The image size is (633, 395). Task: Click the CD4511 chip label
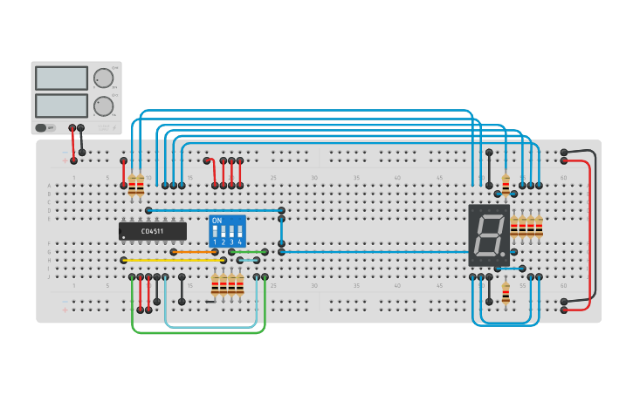click(x=153, y=231)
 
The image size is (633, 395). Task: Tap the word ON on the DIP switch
click(x=217, y=221)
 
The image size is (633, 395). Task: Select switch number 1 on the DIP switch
click(x=215, y=235)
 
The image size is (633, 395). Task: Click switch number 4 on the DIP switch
click(x=239, y=235)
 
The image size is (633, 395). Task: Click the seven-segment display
click(x=488, y=235)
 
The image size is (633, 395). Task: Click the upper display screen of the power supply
click(x=61, y=78)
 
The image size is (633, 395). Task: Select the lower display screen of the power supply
click(x=61, y=106)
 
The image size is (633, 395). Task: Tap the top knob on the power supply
click(x=104, y=78)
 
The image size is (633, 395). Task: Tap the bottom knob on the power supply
click(x=104, y=106)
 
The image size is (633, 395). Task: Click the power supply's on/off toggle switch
click(x=41, y=127)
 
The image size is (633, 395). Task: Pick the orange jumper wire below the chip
click(x=198, y=252)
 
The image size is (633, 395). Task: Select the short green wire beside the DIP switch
click(x=249, y=252)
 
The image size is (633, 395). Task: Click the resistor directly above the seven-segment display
click(x=506, y=182)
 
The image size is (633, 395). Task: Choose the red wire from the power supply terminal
click(x=73, y=144)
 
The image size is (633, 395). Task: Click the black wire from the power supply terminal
click(x=82, y=140)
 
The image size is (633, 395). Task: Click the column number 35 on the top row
click(x=355, y=178)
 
